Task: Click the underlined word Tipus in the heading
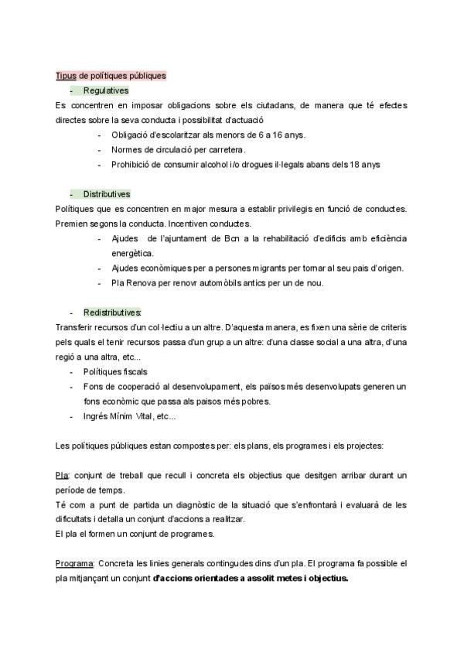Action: [x=66, y=76]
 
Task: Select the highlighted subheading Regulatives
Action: [x=106, y=91]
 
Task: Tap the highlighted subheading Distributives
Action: [x=107, y=194]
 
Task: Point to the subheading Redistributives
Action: [x=112, y=313]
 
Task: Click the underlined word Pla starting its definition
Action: [x=63, y=475]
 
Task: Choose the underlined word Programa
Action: [x=74, y=563]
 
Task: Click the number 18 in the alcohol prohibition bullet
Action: [x=353, y=164]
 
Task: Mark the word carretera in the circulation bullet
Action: [x=225, y=149]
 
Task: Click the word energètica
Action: [x=133, y=253]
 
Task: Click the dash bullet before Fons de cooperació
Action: [x=71, y=386]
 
